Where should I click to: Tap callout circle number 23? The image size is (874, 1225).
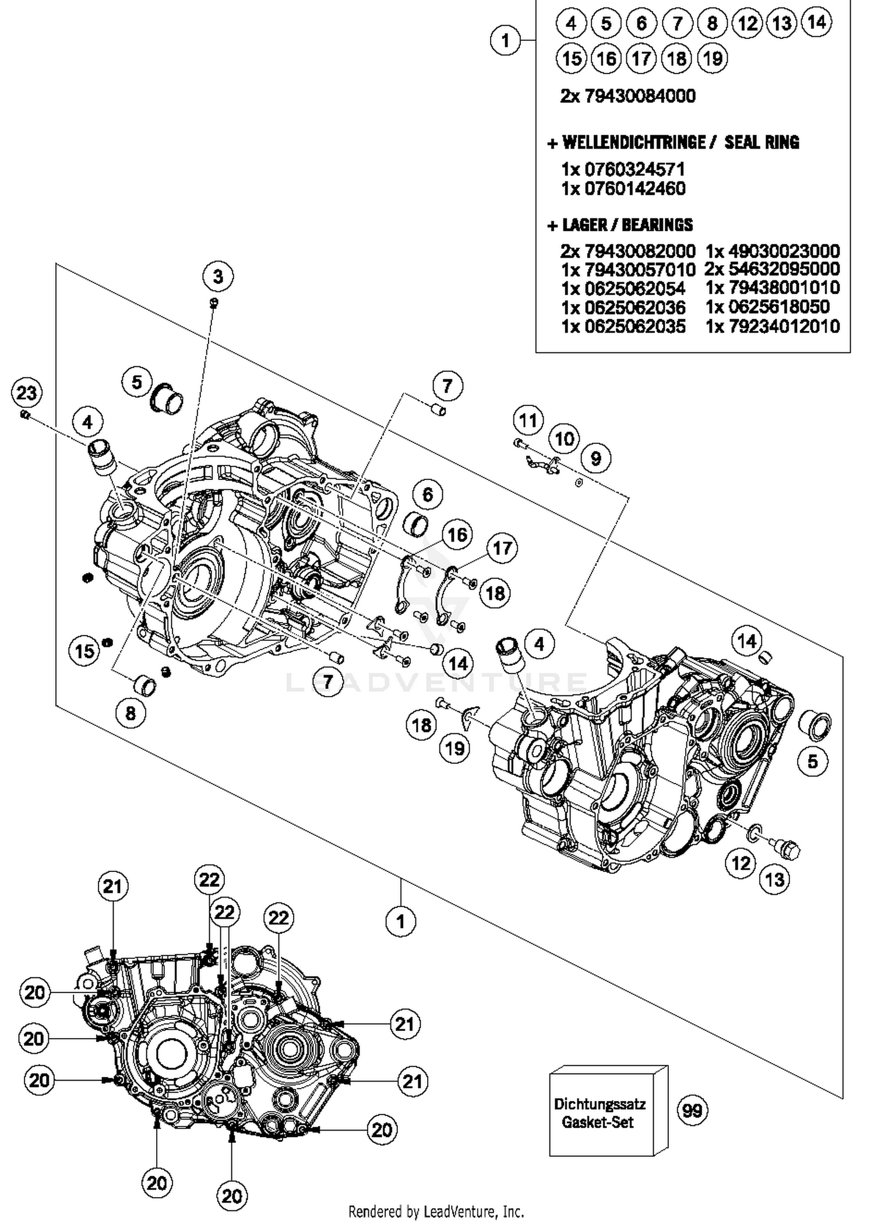pyautogui.click(x=26, y=393)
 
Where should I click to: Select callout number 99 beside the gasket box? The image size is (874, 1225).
pyautogui.click(x=692, y=1110)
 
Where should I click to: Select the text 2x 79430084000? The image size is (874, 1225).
pyautogui.click(x=628, y=96)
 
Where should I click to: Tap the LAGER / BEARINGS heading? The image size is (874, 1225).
pyautogui.click(x=627, y=225)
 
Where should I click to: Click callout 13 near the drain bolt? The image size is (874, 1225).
pyautogui.click(x=775, y=879)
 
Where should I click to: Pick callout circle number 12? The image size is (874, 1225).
pyautogui.click(x=741, y=863)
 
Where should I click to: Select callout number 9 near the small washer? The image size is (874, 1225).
pyautogui.click(x=595, y=458)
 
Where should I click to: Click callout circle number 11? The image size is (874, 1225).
pyautogui.click(x=528, y=421)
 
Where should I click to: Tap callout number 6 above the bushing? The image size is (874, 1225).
pyautogui.click(x=428, y=495)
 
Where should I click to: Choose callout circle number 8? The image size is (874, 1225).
pyautogui.click(x=130, y=713)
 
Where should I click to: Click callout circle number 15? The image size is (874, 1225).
pyautogui.click(x=85, y=650)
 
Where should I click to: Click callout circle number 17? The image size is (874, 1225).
pyautogui.click(x=502, y=548)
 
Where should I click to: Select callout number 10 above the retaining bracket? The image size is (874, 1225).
pyautogui.click(x=563, y=439)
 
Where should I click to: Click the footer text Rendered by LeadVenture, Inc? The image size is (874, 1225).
pyautogui.click(x=436, y=1212)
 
